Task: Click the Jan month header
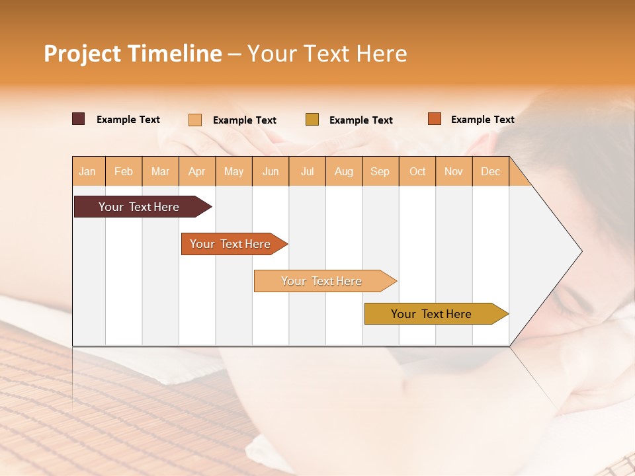88,171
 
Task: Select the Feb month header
124,171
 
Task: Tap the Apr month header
197,171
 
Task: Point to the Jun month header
271,171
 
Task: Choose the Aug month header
344,171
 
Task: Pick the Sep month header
380,171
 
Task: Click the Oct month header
417,171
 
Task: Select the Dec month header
491,171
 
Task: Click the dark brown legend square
79,119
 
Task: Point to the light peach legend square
195,120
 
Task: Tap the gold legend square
312,119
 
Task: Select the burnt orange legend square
435,119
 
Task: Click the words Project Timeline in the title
133,54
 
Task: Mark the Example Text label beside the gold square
361,120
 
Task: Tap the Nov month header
454,171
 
